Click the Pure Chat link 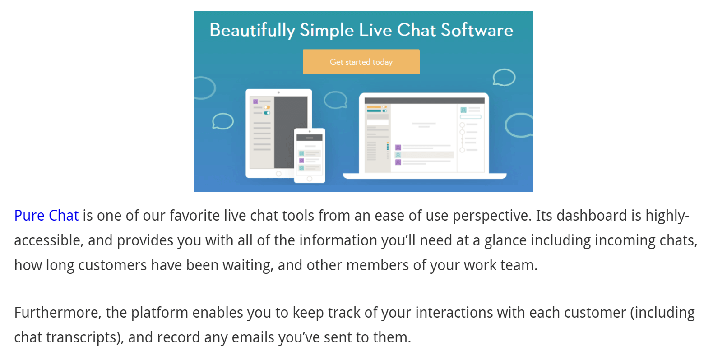click(x=46, y=216)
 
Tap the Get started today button click(x=361, y=62)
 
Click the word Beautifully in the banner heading click(x=252, y=31)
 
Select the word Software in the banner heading click(x=477, y=30)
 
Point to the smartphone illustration click(x=310, y=156)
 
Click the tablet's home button click(x=278, y=174)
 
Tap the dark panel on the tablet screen click(x=291, y=132)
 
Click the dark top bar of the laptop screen click(x=424, y=101)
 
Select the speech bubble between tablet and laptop click(x=335, y=100)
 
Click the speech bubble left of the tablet click(x=222, y=121)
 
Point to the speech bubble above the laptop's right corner click(x=504, y=77)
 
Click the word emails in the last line click(x=253, y=337)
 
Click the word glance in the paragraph click(x=505, y=240)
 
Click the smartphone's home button click(x=310, y=179)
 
